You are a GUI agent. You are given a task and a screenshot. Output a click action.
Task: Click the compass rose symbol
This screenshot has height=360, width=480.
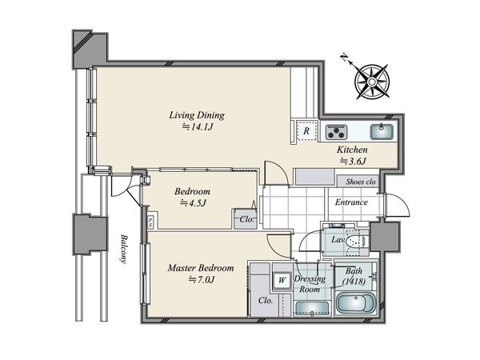click(372, 82)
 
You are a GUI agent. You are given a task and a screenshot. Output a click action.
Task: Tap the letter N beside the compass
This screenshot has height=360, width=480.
click(345, 58)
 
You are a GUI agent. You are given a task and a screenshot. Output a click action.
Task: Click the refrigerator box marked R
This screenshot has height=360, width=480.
click(306, 131)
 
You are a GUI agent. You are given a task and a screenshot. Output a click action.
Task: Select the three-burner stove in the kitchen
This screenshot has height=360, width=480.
click(337, 132)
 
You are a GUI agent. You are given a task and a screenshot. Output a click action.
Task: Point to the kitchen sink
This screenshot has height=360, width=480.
click(381, 132)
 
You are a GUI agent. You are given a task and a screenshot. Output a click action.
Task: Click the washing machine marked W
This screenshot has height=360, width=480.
click(282, 280)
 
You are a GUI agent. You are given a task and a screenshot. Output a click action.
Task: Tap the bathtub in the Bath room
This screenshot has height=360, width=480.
click(356, 303)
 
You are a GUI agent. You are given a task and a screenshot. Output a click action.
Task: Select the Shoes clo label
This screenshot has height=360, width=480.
click(361, 182)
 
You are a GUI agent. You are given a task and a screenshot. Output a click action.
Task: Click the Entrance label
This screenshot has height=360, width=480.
click(351, 202)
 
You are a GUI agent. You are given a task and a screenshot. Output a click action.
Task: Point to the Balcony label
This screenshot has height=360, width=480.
click(123, 249)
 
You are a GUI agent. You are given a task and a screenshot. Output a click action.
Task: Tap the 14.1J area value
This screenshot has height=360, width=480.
click(198, 126)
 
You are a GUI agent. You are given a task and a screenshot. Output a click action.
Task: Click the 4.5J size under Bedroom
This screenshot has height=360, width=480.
click(192, 202)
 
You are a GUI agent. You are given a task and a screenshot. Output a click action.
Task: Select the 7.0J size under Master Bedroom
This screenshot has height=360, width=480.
click(201, 279)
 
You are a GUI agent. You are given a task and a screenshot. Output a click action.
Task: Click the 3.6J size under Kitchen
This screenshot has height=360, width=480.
click(353, 161)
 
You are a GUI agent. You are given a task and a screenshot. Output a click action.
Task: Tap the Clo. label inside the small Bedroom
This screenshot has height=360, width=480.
click(247, 219)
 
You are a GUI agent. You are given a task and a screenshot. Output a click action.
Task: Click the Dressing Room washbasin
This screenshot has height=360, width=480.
click(312, 309)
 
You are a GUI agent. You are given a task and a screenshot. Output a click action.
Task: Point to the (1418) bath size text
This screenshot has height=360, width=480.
click(354, 281)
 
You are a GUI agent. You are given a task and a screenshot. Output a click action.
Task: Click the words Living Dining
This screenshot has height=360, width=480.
click(197, 115)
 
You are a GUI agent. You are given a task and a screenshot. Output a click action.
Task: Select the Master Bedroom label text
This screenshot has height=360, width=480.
click(201, 268)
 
